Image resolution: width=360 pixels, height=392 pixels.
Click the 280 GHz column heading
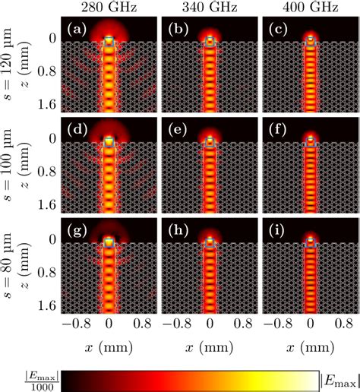(109, 9)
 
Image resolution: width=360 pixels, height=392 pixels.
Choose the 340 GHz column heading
(210, 9)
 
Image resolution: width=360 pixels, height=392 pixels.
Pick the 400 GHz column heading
(309, 9)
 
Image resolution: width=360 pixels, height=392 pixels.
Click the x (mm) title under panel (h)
(210, 346)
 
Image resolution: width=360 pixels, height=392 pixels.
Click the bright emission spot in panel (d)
(109, 142)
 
